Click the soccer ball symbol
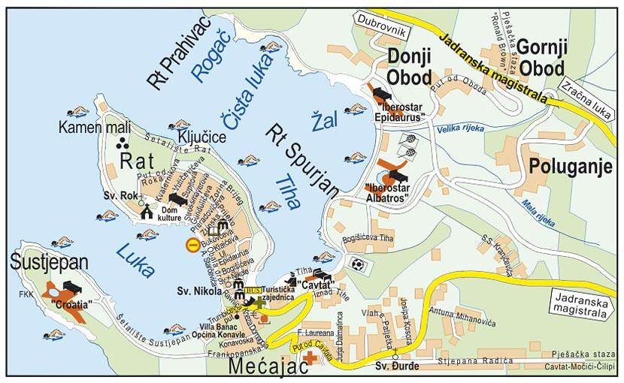click(357, 265)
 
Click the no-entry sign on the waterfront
click(192, 244)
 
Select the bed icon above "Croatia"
click(72, 286)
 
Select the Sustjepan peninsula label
click(48, 264)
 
